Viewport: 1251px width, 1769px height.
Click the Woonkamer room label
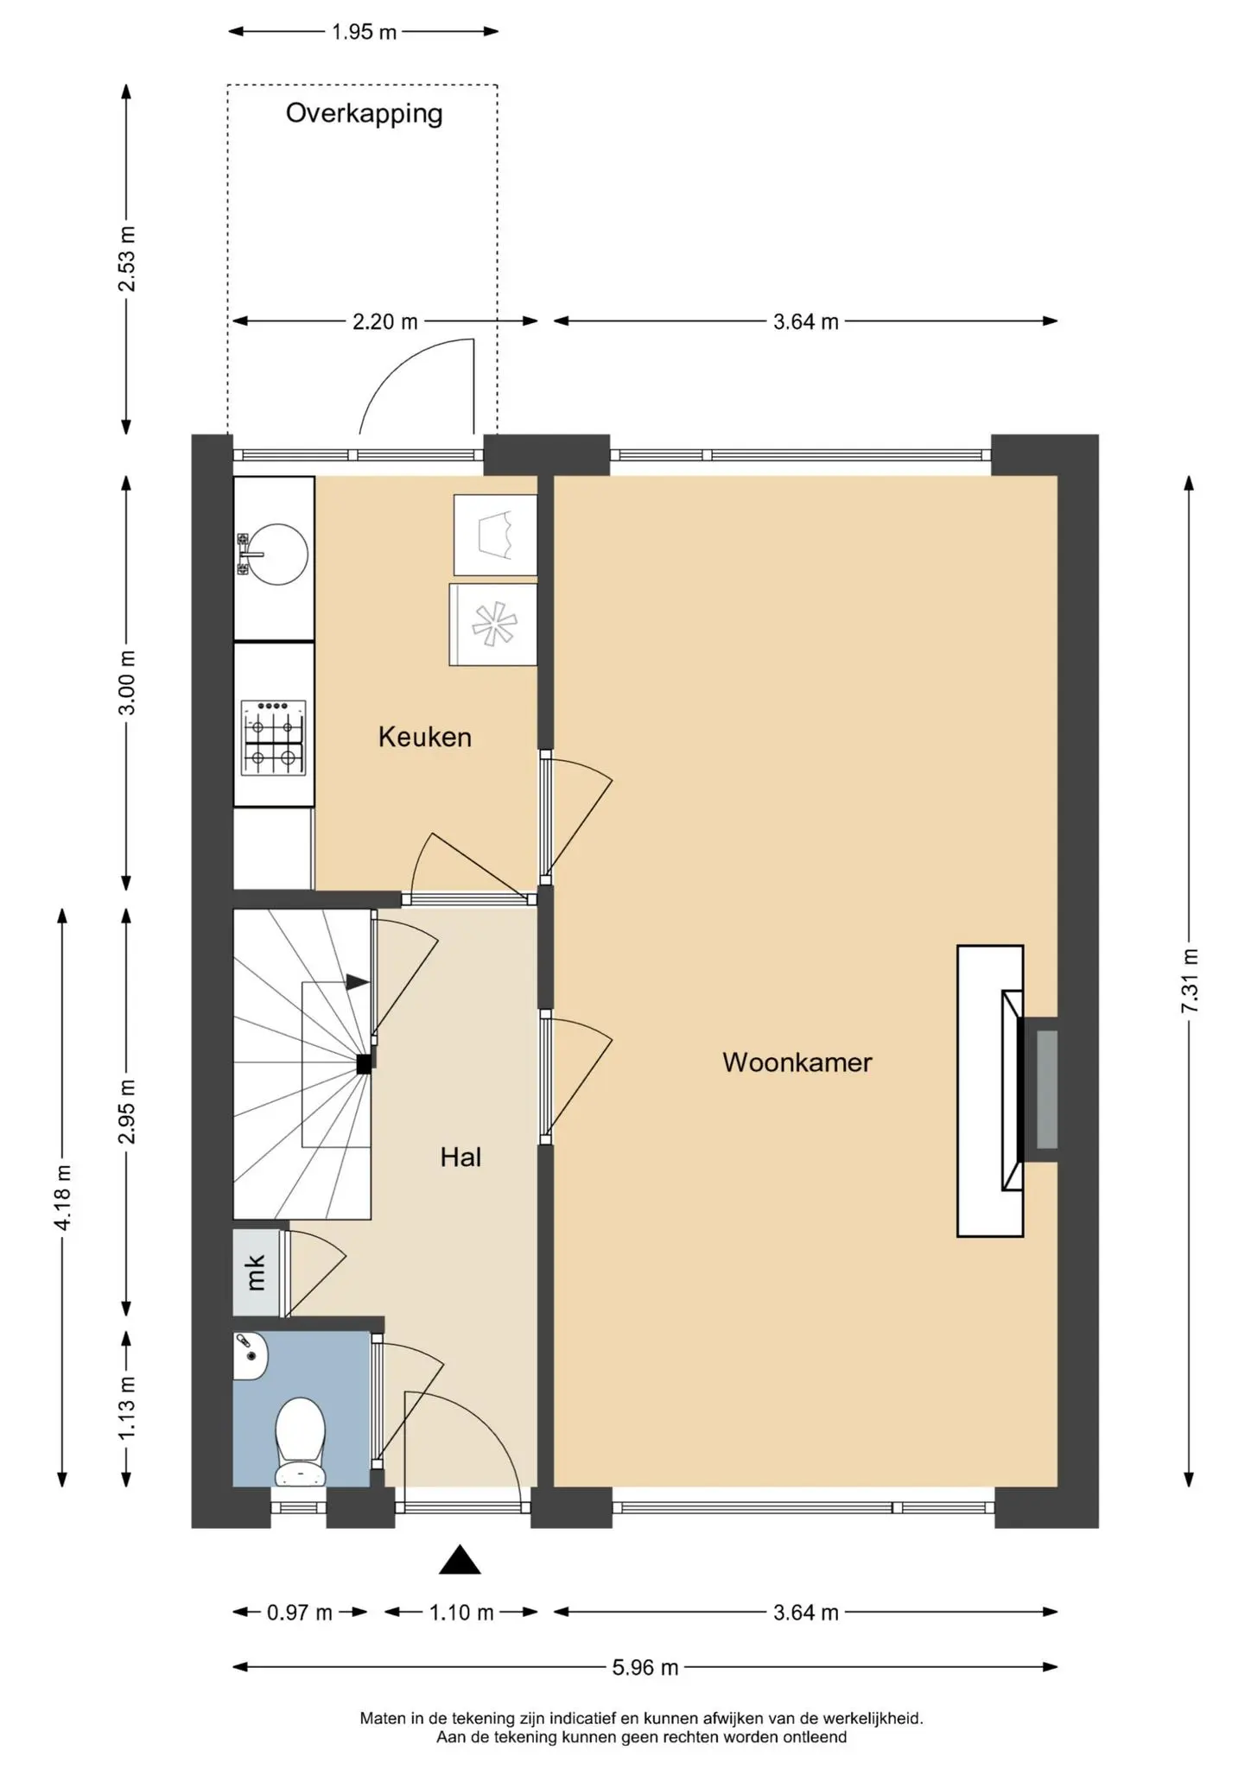click(x=797, y=1062)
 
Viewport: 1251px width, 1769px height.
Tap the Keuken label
click(x=425, y=737)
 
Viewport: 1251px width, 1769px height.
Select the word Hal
click(x=460, y=1157)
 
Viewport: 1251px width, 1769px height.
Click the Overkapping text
click(x=364, y=114)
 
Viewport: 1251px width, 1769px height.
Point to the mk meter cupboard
click(x=257, y=1272)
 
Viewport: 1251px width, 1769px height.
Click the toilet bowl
click(x=300, y=1441)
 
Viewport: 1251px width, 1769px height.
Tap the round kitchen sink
click(x=275, y=555)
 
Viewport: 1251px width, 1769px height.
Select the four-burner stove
click(x=274, y=738)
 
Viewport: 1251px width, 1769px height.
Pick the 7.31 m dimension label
click(x=1190, y=981)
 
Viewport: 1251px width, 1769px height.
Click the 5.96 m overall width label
click(x=645, y=1667)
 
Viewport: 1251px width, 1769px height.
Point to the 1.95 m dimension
click(x=364, y=32)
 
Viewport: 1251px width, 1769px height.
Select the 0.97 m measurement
click(x=300, y=1612)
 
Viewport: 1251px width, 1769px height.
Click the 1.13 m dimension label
click(x=127, y=1407)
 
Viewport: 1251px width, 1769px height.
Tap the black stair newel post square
click(x=365, y=1065)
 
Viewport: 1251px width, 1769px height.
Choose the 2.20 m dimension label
click(x=384, y=322)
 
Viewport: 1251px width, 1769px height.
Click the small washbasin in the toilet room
click(x=251, y=1355)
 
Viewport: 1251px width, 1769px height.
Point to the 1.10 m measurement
click(x=461, y=1612)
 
